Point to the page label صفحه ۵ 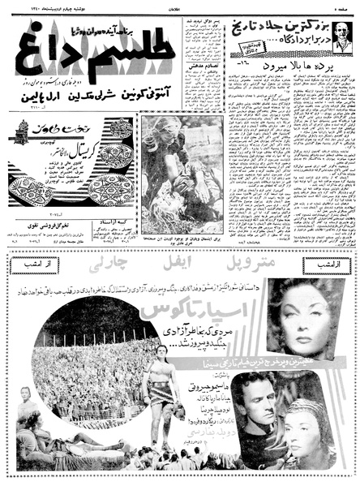coord(343,6)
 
